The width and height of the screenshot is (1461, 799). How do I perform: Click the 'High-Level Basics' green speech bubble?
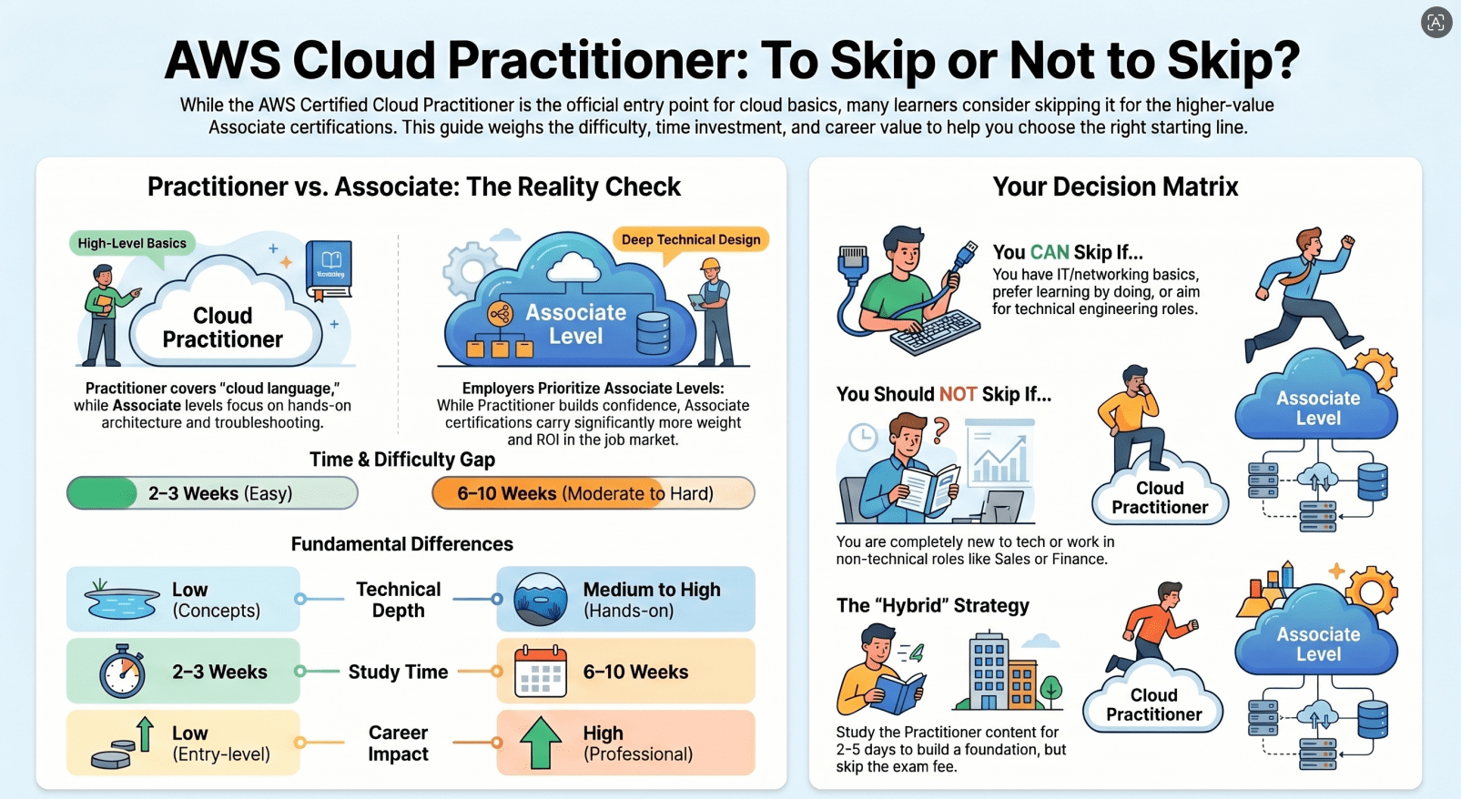click(132, 244)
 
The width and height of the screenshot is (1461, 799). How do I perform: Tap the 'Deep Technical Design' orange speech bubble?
click(691, 240)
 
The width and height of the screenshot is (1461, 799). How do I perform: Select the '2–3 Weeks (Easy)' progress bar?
click(212, 493)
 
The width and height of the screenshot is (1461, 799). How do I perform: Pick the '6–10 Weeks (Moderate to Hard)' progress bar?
click(593, 493)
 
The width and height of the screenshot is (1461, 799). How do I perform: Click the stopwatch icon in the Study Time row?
click(122, 671)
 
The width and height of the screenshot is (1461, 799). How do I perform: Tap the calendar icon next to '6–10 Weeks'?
click(540, 672)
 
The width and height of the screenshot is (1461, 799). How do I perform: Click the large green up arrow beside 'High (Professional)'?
click(541, 743)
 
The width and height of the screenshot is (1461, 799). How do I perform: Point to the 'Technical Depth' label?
click(398, 600)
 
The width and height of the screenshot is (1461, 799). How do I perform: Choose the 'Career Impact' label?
click(398, 743)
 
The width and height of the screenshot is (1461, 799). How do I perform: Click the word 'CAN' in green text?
click(1050, 252)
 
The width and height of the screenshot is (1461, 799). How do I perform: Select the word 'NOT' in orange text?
click(958, 394)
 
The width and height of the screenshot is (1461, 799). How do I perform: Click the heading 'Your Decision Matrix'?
click(1115, 187)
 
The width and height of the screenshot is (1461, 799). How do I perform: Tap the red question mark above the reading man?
click(940, 430)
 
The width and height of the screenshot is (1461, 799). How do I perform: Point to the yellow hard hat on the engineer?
click(710, 264)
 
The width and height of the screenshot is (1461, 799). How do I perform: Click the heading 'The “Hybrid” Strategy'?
click(933, 605)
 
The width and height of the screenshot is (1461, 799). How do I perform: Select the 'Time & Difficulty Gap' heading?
click(401, 460)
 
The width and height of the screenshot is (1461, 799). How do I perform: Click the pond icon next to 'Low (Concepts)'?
click(122, 599)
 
